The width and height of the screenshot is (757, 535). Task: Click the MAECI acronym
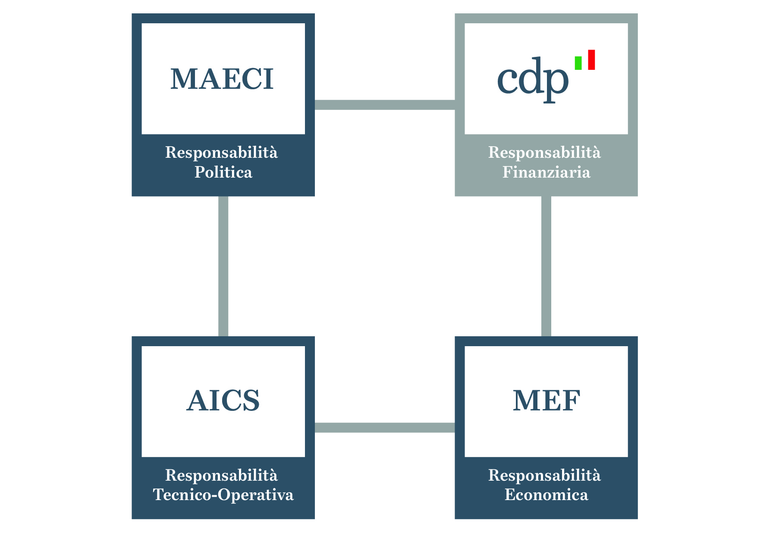click(222, 79)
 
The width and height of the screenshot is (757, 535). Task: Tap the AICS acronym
click(223, 401)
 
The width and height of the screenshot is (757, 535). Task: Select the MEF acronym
click(546, 401)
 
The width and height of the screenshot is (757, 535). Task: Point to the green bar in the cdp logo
click(578, 63)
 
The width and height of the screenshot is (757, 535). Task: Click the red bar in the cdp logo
click(591, 60)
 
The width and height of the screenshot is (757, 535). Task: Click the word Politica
click(223, 172)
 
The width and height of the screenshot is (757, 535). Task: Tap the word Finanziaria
click(546, 172)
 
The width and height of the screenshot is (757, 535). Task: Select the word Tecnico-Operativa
click(223, 494)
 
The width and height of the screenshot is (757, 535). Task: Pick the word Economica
click(546, 494)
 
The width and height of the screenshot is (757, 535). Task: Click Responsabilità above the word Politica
click(221, 153)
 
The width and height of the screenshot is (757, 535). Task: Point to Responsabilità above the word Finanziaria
click(544, 153)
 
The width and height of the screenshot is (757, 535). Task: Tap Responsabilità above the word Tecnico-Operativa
click(221, 475)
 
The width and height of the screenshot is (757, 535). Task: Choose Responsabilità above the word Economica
click(544, 475)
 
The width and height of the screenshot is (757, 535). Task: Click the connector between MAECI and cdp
click(384, 105)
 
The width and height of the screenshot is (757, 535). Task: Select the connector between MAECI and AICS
click(223, 266)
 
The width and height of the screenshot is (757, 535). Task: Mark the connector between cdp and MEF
click(546, 266)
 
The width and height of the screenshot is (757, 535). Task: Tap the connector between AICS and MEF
click(384, 427)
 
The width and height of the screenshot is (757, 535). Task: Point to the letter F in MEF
click(571, 401)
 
